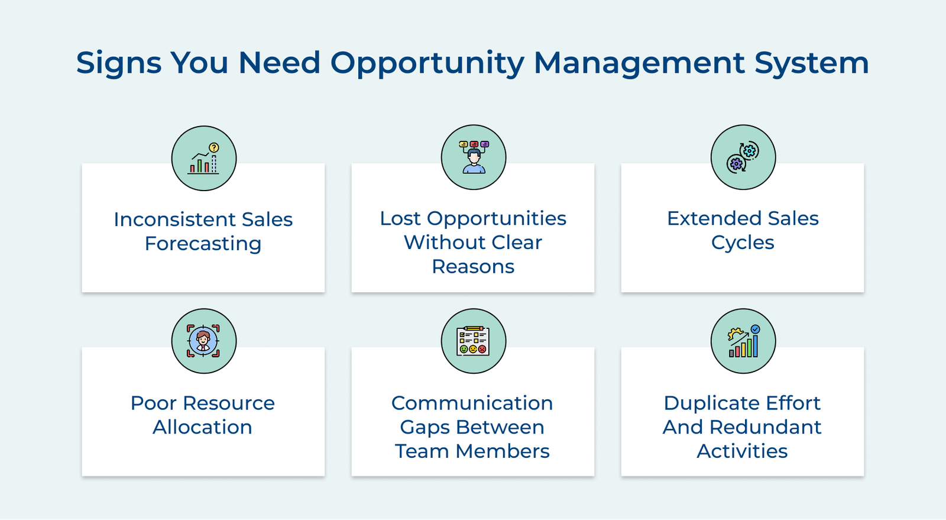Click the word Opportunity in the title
click(x=426, y=63)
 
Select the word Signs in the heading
click(x=119, y=63)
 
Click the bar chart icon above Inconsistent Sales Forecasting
click(x=204, y=158)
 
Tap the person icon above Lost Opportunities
click(x=474, y=157)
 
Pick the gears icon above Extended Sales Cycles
click(x=743, y=157)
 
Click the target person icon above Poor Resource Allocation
click(x=204, y=341)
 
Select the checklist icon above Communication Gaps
click(x=474, y=341)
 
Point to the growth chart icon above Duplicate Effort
click(x=743, y=341)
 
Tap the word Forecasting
click(x=203, y=244)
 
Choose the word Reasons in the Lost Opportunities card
click(x=473, y=267)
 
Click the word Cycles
click(x=743, y=243)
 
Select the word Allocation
click(x=202, y=427)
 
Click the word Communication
click(x=472, y=403)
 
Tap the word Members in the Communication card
click(x=503, y=451)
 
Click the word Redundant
click(x=766, y=427)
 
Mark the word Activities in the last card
click(x=742, y=451)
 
